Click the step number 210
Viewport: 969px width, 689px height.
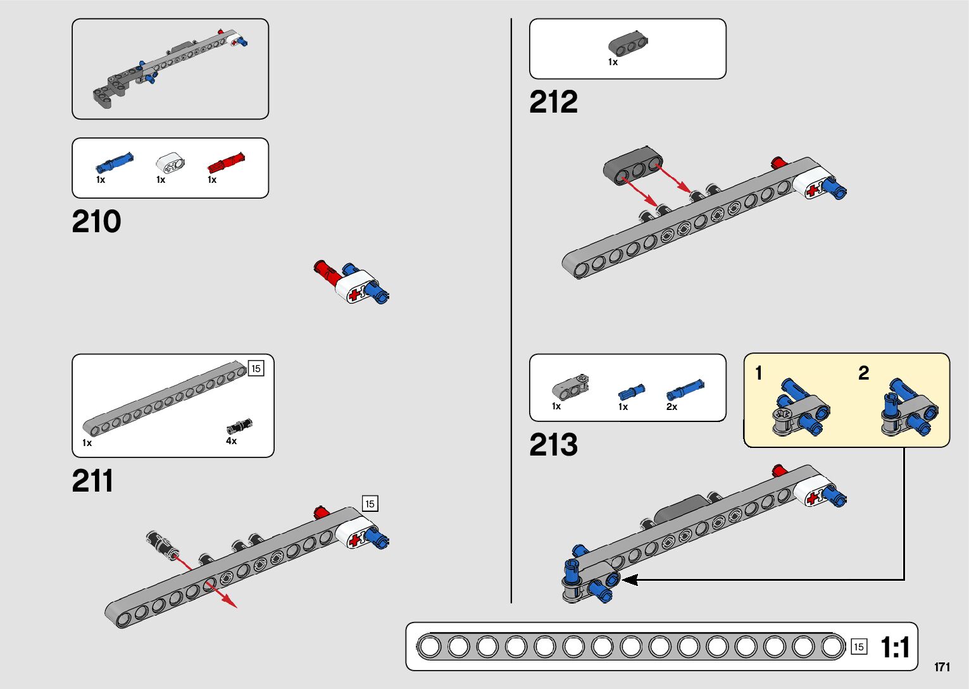point(96,221)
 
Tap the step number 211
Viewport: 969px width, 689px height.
point(93,481)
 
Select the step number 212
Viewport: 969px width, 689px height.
point(553,102)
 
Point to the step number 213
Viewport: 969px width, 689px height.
point(553,445)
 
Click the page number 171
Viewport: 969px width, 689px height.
point(942,667)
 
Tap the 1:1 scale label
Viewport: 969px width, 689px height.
point(895,647)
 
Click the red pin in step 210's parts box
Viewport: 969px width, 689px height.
point(226,163)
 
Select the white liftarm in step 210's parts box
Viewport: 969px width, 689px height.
point(171,163)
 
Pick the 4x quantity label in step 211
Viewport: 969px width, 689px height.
point(232,441)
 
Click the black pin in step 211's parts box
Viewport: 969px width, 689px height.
point(239,426)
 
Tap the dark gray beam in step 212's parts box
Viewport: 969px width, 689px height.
point(628,44)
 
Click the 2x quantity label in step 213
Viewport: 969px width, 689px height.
point(672,407)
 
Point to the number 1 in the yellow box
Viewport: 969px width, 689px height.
point(759,373)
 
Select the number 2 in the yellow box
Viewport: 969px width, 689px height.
point(863,373)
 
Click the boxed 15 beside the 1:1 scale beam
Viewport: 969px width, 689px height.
point(858,646)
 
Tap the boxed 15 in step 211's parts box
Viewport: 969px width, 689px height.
point(256,368)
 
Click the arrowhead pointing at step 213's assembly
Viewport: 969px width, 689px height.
point(629,579)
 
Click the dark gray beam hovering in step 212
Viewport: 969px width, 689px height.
point(632,165)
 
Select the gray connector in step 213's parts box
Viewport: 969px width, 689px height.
point(570,387)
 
